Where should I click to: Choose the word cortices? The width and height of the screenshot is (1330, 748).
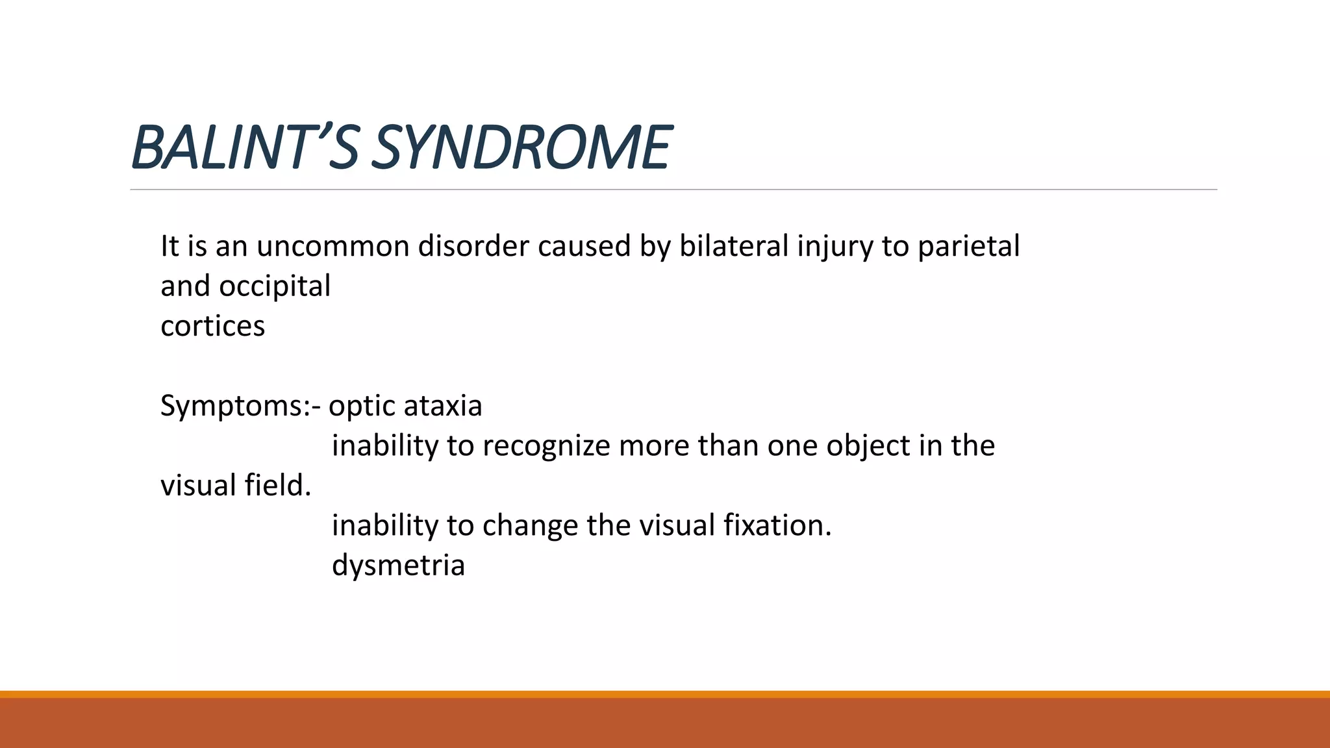[212, 326]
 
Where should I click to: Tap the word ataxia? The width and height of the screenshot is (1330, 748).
[443, 406]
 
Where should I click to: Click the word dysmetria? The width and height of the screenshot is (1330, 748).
[398, 565]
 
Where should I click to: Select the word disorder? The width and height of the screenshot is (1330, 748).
[473, 247]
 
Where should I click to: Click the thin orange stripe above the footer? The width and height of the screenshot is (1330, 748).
[665, 694]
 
